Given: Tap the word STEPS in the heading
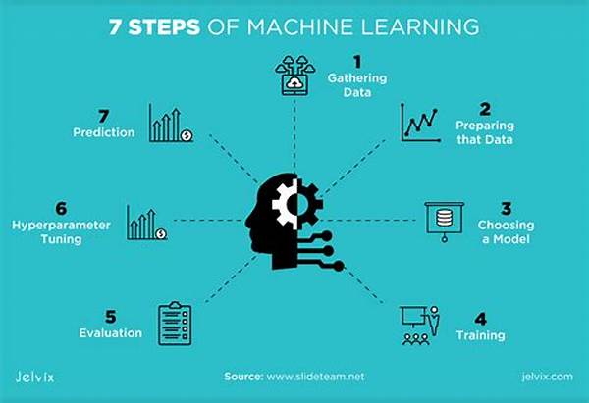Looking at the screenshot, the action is (x=164, y=27).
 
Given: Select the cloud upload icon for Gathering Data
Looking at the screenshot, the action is (x=294, y=76).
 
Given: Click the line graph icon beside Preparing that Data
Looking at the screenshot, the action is (x=421, y=123).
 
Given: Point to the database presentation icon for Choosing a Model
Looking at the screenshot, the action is (x=445, y=222).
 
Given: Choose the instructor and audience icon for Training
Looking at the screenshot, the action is (x=420, y=326).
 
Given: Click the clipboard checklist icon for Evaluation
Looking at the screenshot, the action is (x=175, y=324).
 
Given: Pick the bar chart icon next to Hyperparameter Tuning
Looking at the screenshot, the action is (x=146, y=223).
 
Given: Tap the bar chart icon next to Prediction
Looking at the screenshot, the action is (x=171, y=124).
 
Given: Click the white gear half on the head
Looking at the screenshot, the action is (x=286, y=204).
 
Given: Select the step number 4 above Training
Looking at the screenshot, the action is (x=480, y=319).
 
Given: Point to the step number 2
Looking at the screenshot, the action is (x=485, y=109).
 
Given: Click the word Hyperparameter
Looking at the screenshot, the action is (x=61, y=226).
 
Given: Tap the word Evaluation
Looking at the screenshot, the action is (x=110, y=332).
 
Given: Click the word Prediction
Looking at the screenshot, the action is (x=104, y=132).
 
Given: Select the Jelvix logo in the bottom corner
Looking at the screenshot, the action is (x=34, y=377).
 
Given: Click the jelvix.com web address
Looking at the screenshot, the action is (x=548, y=377).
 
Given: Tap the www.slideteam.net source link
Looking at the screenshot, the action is (x=315, y=377).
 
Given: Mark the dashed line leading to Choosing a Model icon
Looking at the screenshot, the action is (x=367, y=221).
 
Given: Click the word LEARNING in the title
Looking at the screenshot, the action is (x=420, y=27).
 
